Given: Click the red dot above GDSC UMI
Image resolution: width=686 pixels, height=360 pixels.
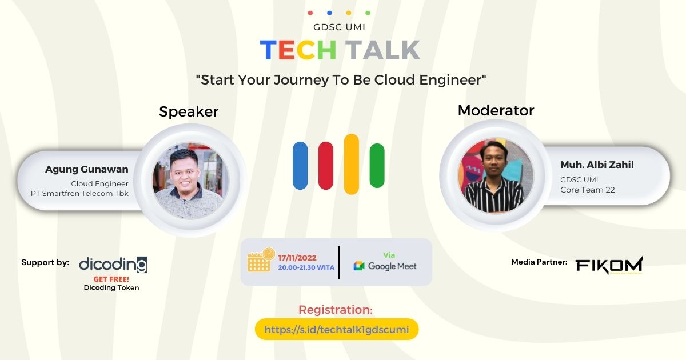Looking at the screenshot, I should (310, 13).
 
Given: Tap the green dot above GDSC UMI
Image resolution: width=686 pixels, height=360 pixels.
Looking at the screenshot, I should (368, 13).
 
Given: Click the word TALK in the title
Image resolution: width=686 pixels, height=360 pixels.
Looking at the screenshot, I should (384, 50).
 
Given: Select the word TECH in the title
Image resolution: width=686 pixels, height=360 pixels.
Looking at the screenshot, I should (298, 50).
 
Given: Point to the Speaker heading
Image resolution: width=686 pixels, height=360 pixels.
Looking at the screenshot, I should (189, 111).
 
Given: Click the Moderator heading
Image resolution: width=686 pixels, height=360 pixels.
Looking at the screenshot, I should (496, 110).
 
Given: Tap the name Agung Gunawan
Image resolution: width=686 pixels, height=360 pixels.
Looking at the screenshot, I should (87, 169).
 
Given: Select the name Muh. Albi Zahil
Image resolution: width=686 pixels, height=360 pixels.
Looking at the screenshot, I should (597, 165).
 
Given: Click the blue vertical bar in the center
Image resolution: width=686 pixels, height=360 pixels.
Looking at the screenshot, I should (300, 166).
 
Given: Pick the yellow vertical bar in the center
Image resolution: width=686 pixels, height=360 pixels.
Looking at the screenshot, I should (352, 165).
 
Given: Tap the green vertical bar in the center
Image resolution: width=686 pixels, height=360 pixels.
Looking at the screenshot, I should (377, 166).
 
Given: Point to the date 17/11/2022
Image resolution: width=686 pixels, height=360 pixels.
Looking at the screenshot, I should (297, 258).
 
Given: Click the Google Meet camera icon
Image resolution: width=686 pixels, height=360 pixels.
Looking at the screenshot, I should (359, 266).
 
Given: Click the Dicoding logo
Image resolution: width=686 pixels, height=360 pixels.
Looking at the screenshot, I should (113, 264).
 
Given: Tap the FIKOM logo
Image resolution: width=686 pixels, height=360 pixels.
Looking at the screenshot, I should (609, 265).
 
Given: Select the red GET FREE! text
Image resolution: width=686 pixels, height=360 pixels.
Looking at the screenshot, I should (111, 279).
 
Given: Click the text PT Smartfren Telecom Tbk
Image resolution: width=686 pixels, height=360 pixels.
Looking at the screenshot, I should (79, 193).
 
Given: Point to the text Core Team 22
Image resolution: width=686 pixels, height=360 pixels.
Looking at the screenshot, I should (587, 190).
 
